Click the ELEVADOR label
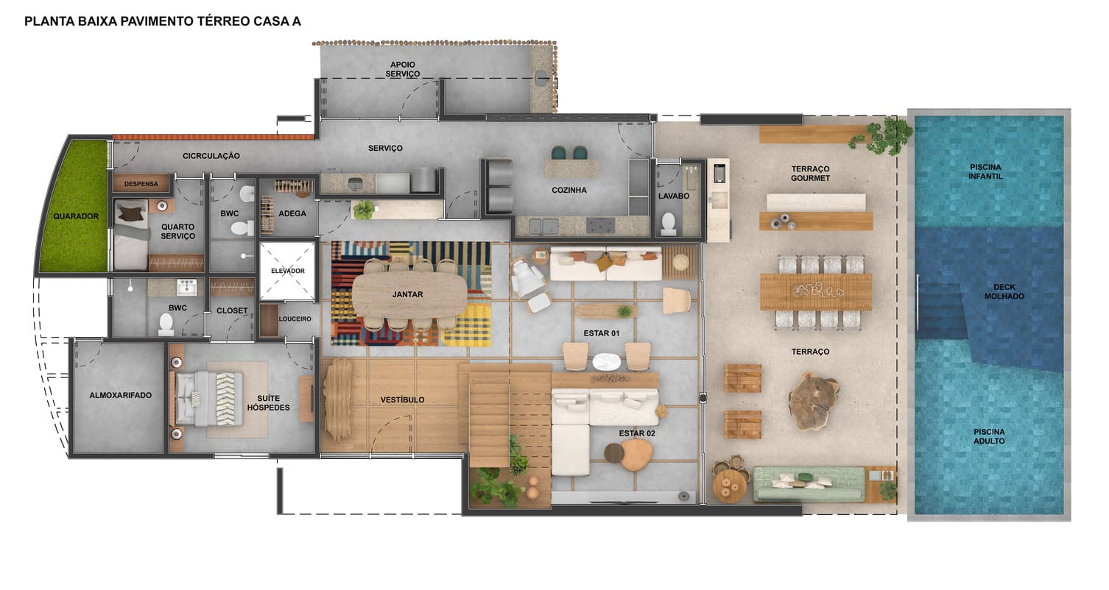click(287, 271)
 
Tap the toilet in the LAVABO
click(669, 223)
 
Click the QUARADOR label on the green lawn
click(76, 217)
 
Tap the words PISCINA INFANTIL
click(986, 171)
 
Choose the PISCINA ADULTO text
click(988, 436)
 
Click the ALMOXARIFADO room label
click(120, 396)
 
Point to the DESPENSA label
click(141, 184)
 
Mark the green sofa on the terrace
click(808, 483)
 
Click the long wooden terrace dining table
click(815, 291)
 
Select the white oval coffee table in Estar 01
click(607, 361)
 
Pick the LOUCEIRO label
click(295, 319)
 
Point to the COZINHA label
click(569, 191)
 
